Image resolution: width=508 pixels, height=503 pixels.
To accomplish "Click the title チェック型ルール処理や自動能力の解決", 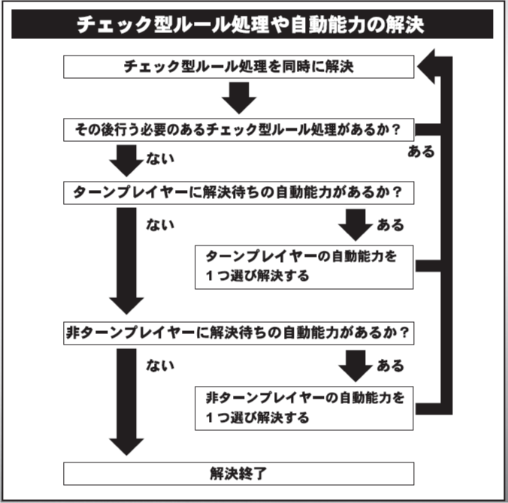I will tap(251, 25).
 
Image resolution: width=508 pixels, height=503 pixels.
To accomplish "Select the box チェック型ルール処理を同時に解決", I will tap(238, 66).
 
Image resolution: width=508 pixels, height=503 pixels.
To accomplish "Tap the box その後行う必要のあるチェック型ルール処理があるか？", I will tap(238, 129).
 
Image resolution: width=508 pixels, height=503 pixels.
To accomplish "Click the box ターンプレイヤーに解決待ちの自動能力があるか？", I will tap(238, 192).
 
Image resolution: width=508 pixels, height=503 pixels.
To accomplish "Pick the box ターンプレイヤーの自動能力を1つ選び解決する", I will tap(304, 267).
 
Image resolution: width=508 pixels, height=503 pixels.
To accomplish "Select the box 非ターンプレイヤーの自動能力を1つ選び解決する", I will tap(304, 407).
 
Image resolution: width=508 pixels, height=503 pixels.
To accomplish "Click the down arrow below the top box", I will tap(239, 97).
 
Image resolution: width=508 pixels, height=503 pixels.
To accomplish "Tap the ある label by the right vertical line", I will tap(420, 152).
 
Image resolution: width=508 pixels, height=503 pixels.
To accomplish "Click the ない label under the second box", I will tap(162, 159).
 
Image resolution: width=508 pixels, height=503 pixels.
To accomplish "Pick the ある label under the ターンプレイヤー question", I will tap(389, 224).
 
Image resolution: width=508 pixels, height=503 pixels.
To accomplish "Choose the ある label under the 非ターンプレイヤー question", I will tap(389, 366).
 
